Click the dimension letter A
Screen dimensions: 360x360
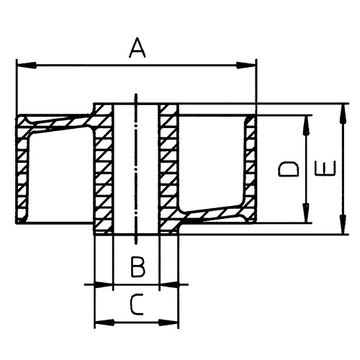tap(138, 49)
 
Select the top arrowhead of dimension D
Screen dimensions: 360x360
tap(307, 120)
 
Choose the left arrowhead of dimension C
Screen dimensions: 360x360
tap(100, 321)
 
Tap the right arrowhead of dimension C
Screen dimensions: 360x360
tap(173, 321)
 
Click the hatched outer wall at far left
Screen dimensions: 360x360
tap(21, 173)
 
